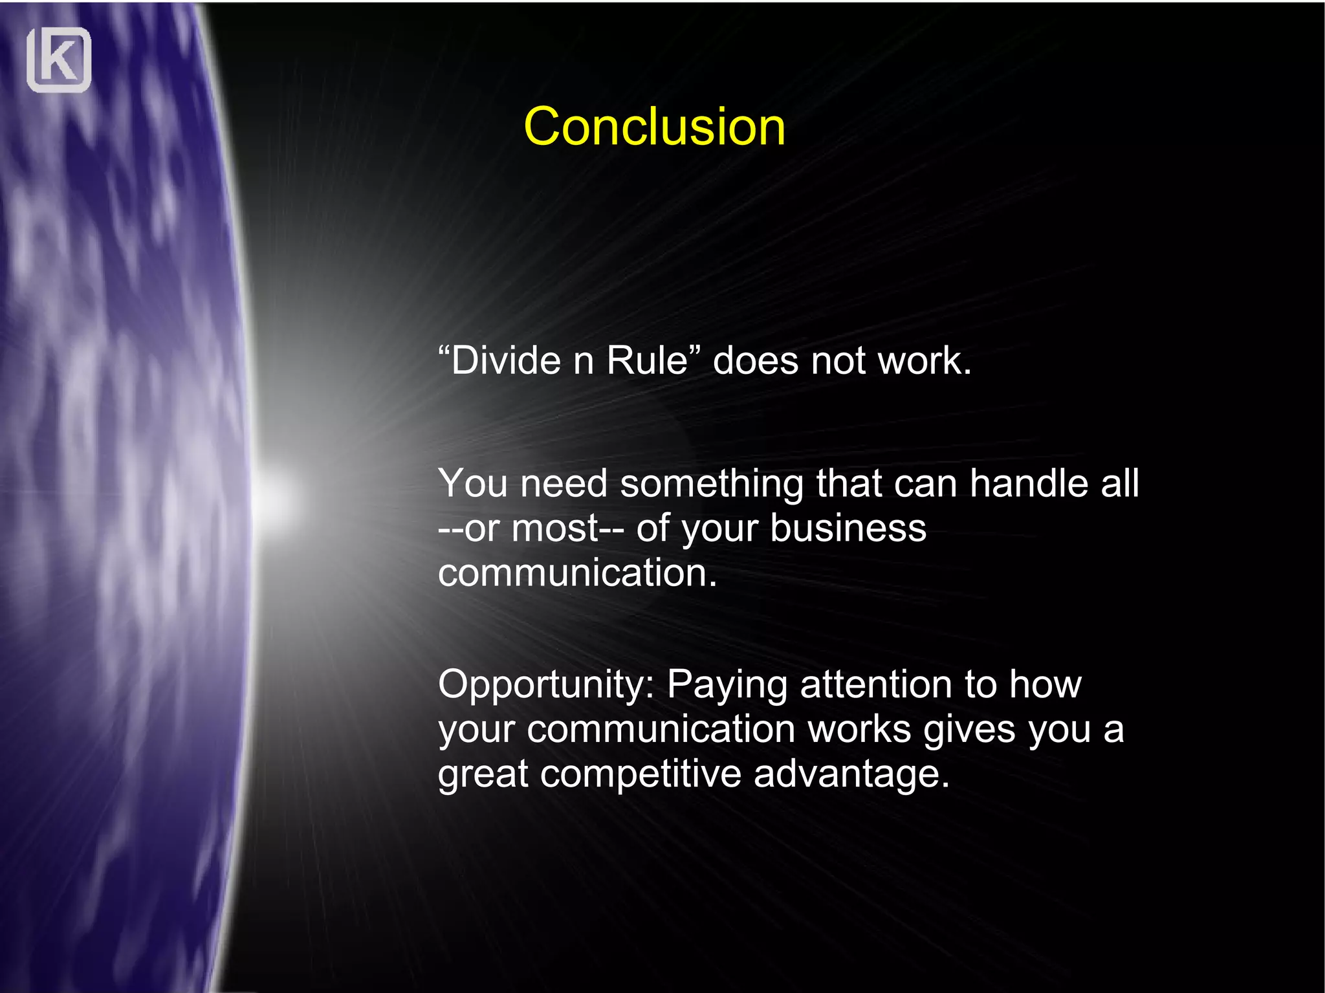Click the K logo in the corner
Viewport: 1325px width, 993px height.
click(59, 60)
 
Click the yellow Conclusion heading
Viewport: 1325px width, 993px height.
click(654, 127)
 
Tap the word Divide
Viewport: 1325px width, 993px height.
click(505, 361)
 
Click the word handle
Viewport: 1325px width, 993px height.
click(1029, 483)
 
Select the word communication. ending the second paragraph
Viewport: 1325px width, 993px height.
click(577, 573)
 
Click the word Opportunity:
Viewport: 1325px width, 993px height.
click(547, 685)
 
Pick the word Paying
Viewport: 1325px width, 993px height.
click(727, 685)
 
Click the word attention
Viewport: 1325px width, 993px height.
click(876, 684)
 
